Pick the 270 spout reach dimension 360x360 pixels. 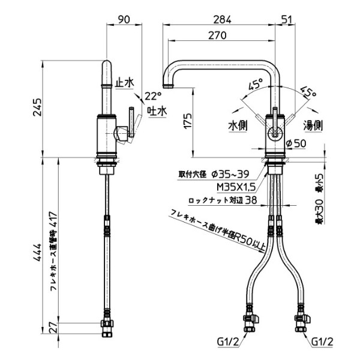coord(218,35)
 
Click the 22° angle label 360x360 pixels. coord(154,96)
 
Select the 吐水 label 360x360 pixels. coord(158,111)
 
